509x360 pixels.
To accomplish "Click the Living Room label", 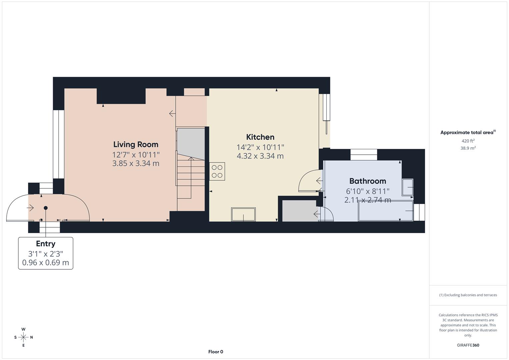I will [x=136, y=144].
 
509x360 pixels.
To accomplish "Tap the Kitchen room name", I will [x=260, y=137].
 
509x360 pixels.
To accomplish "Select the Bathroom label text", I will [x=367, y=181].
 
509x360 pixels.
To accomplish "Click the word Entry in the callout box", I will [x=46, y=244].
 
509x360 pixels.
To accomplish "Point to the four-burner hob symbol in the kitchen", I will [x=217, y=171].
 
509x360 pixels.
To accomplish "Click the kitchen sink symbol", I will [x=243, y=214].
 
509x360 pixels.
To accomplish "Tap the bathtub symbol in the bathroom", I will [x=385, y=211].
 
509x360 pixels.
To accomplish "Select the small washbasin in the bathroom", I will [x=408, y=187].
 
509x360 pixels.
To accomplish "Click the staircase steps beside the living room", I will [x=191, y=177].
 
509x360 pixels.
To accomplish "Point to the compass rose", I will [x=23, y=337].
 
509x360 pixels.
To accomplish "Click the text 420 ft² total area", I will [x=468, y=141].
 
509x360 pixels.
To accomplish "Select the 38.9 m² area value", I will [x=468, y=148].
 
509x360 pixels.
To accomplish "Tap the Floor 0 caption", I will [x=216, y=352].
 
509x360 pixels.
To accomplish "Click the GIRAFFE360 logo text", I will [x=468, y=345].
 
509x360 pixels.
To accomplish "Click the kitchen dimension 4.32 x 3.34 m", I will [x=260, y=156].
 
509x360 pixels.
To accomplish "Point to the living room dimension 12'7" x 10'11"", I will [x=136, y=155].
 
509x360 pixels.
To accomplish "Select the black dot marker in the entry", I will [x=46, y=208].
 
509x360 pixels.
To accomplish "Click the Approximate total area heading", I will [x=468, y=132].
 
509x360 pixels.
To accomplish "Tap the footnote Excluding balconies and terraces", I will [x=468, y=295].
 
